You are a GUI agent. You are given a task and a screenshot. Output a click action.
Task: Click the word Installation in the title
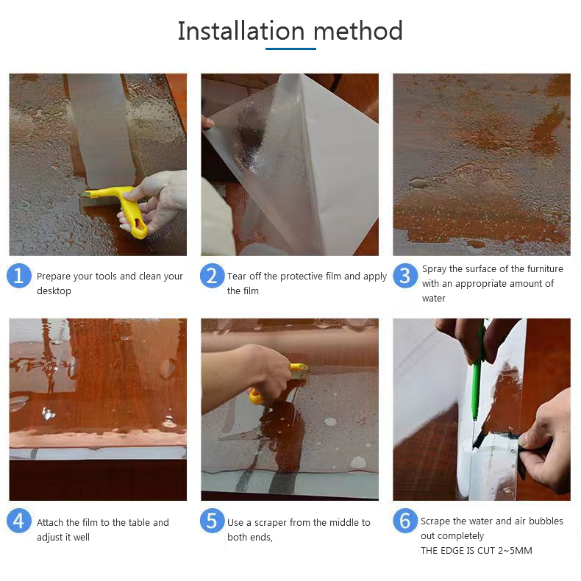[241, 30]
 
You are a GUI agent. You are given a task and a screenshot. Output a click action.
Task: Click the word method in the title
[358, 30]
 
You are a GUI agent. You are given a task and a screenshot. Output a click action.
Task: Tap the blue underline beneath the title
[290, 49]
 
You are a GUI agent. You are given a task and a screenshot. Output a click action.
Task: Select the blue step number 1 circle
[19, 276]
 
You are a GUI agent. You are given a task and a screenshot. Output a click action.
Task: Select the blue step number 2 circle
[212, 276]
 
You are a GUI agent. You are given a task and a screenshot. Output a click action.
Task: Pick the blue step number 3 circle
[405, 276]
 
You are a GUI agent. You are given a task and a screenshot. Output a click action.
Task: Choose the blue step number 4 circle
[19, 521]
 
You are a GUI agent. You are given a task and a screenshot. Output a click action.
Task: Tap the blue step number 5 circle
[212, 521]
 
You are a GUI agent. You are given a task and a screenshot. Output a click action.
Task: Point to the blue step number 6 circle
[405, 521]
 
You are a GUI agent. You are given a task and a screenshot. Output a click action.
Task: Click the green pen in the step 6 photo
[477, 374]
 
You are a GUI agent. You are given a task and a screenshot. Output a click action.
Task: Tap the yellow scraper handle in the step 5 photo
[260, 393]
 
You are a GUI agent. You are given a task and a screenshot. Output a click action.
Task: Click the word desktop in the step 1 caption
[54, 291]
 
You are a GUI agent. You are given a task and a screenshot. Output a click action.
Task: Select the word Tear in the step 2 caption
[237, 276]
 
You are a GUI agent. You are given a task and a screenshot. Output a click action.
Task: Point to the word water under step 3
[433, 299]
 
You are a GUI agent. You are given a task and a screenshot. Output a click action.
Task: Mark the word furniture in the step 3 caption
[545, 268]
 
